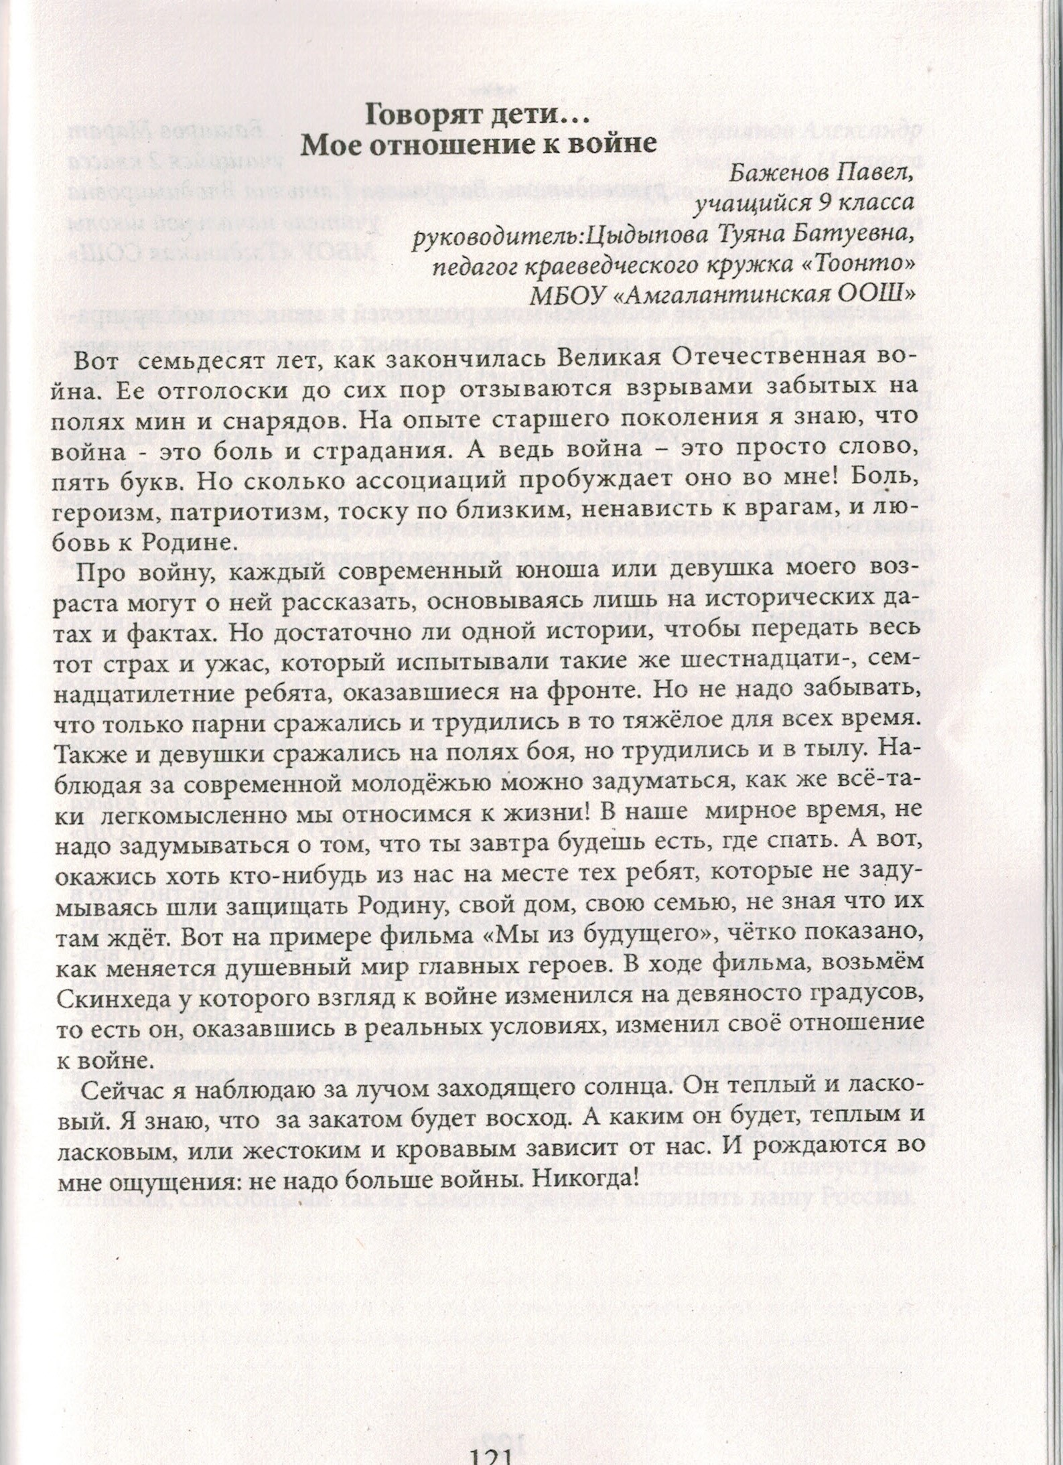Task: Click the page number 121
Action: coord(490,1452)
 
